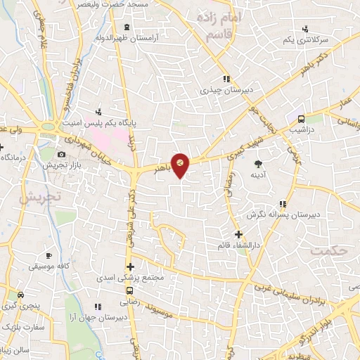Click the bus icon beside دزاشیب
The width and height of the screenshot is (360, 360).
coord(301,119)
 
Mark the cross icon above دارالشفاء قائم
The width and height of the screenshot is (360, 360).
coord(238,234)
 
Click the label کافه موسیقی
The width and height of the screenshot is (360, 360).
coord(49,266)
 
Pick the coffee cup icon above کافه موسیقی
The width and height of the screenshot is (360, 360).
coord(49,255)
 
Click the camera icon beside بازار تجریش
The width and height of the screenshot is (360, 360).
coord(61,154)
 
